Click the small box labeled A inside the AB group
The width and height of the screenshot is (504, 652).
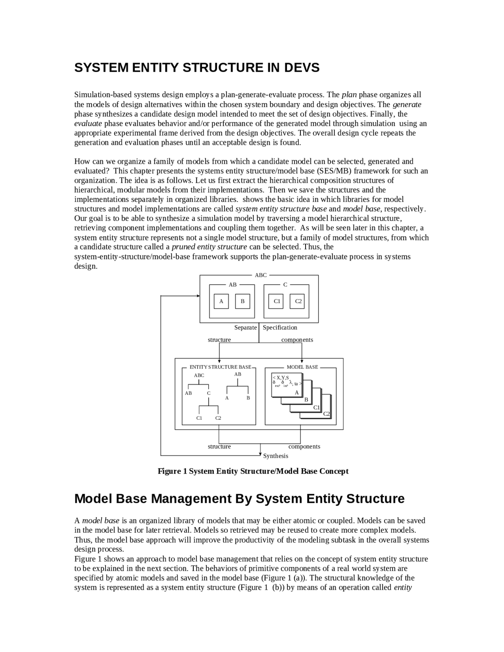(x=221, y=301)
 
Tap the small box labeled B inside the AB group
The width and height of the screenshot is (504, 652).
(x=243, y=301)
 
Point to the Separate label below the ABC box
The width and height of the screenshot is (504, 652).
(x=245, y=328)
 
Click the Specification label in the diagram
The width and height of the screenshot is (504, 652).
(x=280, y=328)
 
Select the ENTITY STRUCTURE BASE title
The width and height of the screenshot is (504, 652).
(x=220, y=367)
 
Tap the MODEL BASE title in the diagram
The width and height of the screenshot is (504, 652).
(x=302, y=367)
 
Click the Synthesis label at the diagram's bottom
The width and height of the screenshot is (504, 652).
(x=276, y=456)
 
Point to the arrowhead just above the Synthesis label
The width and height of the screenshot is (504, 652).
(x=260, y=454)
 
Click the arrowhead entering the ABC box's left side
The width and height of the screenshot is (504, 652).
(x=198, y=296)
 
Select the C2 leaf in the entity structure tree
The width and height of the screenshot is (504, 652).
(x=218, y=418)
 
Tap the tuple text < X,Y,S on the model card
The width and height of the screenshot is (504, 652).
(x=281, y=378)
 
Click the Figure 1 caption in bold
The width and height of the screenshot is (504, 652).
(x=253, y=471)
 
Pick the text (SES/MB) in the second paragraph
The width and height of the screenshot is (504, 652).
(x=334, y=171)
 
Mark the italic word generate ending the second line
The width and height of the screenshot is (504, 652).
(x=407, y=104)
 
